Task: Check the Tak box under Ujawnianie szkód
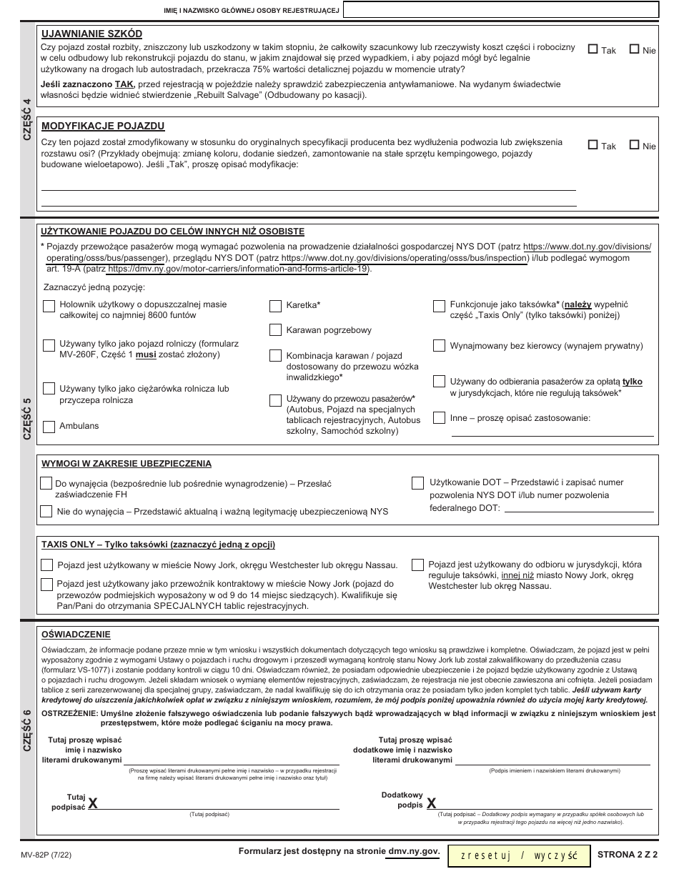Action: (x=593, y=50)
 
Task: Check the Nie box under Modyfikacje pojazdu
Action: (x=634, y=145)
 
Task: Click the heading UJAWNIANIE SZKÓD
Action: (x=91, y=34)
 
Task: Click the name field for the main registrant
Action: (x=500, y=10)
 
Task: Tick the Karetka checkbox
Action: (x=275, y=306)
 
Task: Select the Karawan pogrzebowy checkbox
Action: (x=275, y=330)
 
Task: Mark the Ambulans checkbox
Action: (x=49, y=427)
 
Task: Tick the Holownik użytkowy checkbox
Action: (x=49, y=306)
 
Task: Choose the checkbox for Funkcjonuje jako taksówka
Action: (x=439, y=306)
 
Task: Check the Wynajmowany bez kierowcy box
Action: (x=439, y=346)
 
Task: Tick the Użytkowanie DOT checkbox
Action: (x=417, y=483)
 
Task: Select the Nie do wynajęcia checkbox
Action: (x=46, y=511)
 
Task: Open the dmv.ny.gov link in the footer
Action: (x=413, y=852)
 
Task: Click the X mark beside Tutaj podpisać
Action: (x=93, y=804)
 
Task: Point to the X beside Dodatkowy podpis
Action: (x=431, y=804)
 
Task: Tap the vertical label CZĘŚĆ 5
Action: (x=27, y=418)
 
